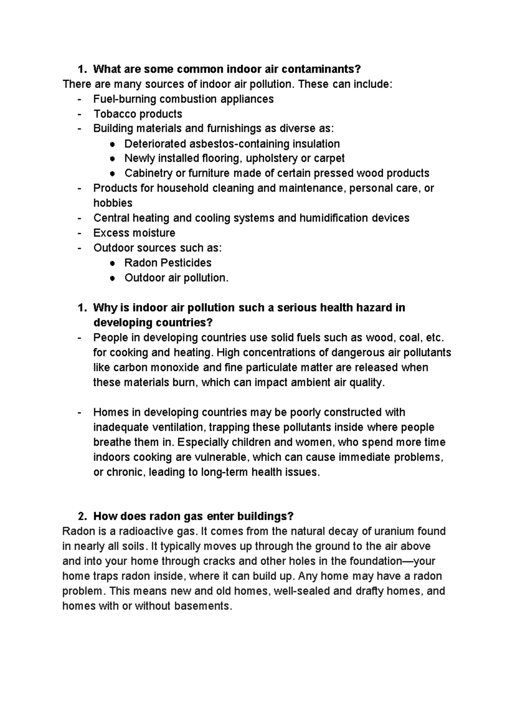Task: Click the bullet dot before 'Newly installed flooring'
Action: click(112, 159)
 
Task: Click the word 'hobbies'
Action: click(113, 203)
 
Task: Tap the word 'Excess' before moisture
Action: click(110, 233)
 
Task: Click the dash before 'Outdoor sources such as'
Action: click(79, 248)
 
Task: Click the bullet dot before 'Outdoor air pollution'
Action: click(112, 278)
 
